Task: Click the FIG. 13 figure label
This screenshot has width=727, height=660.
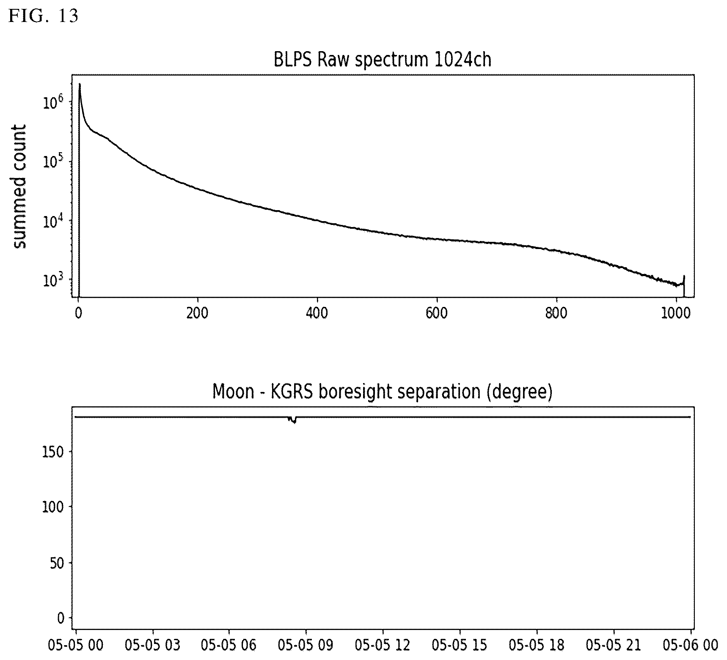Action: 44,16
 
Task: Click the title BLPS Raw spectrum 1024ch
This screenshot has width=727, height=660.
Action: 383,60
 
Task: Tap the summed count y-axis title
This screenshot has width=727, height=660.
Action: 19,187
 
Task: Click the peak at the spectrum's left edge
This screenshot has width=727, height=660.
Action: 80,85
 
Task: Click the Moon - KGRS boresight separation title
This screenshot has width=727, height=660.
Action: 383,392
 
